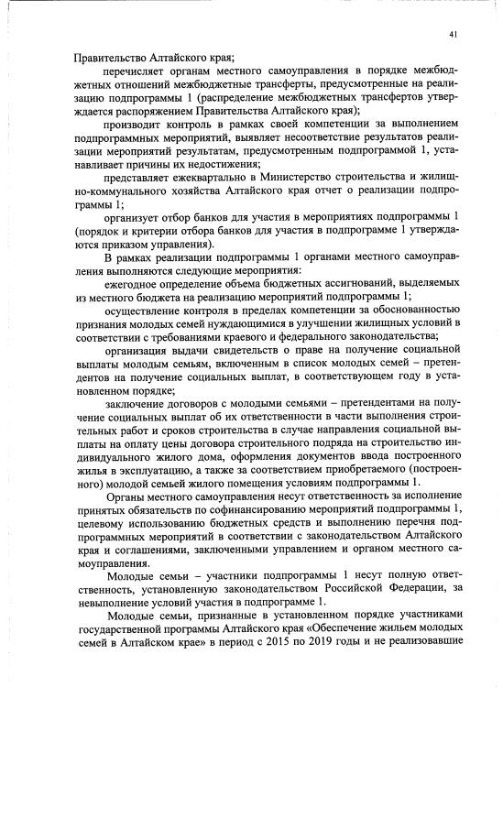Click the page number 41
coord(454,35)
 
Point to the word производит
coord(135,124)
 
